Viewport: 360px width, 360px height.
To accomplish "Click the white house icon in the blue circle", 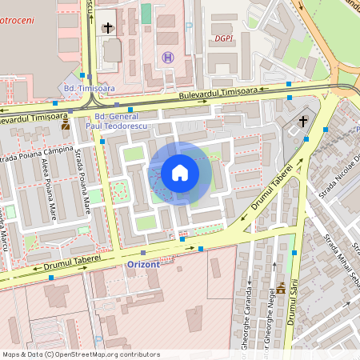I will tap(180, 172).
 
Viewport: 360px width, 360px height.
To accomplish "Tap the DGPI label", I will tap(224, 38).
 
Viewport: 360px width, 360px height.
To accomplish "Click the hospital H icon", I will tap(168, 57).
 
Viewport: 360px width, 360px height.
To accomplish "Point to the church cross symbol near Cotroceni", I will tap(109, 28).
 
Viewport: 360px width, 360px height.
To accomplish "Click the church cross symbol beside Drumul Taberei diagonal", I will tap(303, 122).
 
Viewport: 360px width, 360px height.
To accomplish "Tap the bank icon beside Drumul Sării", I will tap(282, 288).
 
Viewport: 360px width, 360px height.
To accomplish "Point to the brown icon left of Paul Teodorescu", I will tap(65, 125).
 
